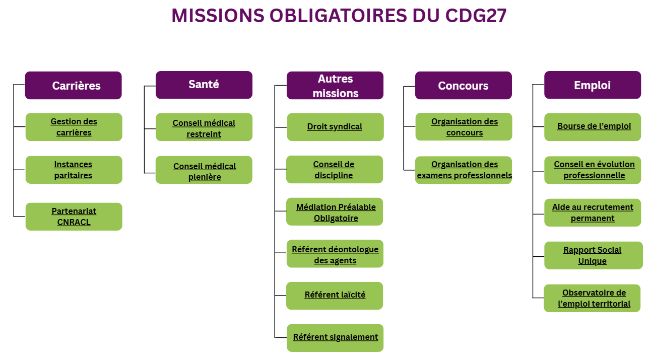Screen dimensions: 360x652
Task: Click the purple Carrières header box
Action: [74, 86]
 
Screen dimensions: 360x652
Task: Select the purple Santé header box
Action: [204, 85]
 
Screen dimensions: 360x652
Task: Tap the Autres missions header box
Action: [335, 86]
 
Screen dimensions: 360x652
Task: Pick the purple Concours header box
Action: [463, 86]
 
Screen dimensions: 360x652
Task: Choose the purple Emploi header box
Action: [592, 85]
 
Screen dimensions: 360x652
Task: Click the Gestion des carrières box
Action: [74, 127]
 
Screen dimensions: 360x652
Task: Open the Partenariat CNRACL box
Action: [74, 217]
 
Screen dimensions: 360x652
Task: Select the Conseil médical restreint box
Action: [204, 128]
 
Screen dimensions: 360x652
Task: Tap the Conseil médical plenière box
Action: [204, 171]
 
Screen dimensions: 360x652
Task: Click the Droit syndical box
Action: [335, 127]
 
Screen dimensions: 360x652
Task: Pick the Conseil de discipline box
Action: [334, 170]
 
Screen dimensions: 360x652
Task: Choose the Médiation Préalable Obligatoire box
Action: [335, 212]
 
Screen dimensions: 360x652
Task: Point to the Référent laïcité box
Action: [335, 295]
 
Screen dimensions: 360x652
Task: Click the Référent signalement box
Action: [335, 337]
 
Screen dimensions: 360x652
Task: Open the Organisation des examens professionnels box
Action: [464, 170]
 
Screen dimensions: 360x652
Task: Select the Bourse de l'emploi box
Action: [593, 126]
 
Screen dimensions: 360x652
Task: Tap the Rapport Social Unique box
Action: [593, 255]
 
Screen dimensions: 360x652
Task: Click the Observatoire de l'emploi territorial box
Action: [593, 298]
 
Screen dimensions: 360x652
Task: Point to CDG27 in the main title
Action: [476, 16]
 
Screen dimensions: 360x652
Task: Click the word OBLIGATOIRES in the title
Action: [338, 16]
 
